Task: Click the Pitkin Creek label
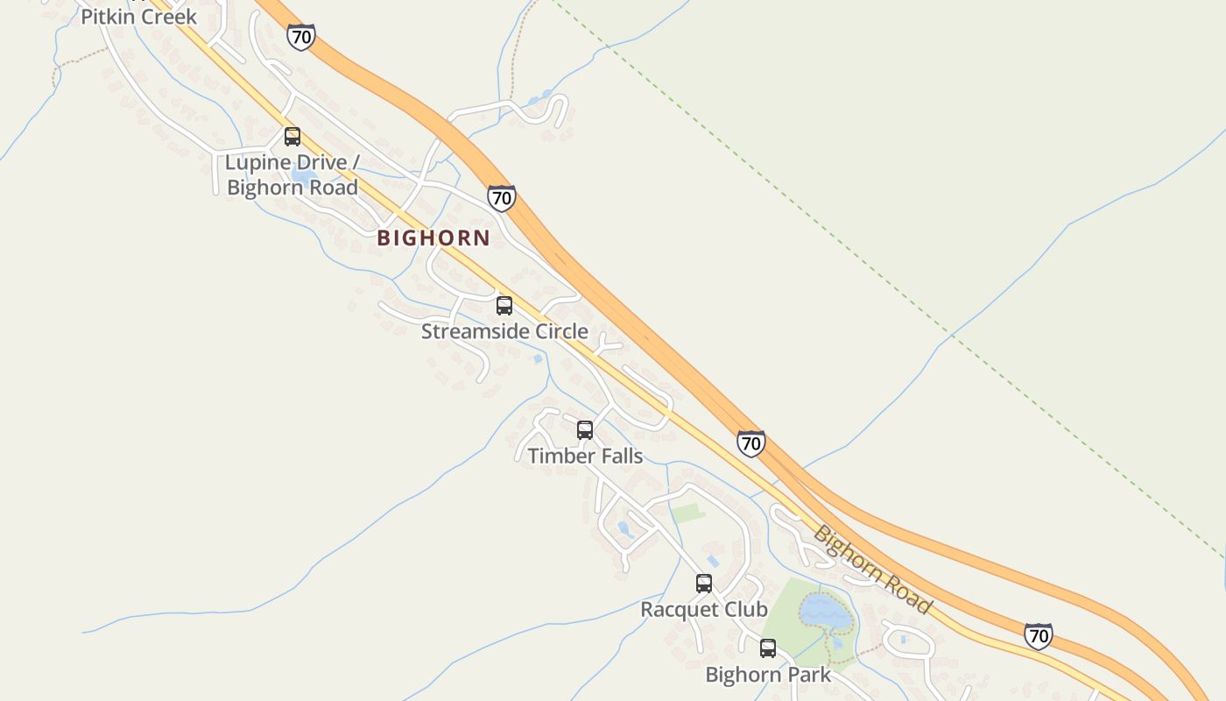click(138, 16)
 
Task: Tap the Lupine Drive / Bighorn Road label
click(292, 174)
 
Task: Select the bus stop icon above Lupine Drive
click(292, 137)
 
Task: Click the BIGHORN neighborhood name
click(433, 237)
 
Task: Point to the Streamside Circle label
click(504, 331)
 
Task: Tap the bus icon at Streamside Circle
click(504, 306)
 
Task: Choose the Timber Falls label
click(585, 456)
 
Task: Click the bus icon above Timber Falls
click(585, 430)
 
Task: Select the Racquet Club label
click(704, 609)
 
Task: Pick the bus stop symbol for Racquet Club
click(704, 584)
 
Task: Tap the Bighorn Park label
click(768, 675)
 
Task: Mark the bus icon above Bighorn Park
click(768, 648)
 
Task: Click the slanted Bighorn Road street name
click(872, 570)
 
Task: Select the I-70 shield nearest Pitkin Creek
click(300, 37)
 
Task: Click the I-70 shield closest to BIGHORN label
click(501, 198)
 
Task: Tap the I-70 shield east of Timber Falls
click(750, 443)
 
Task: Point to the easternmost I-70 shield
click(1038, 635)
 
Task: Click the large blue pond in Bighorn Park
click(825, 611)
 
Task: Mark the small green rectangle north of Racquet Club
click(688, 513)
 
